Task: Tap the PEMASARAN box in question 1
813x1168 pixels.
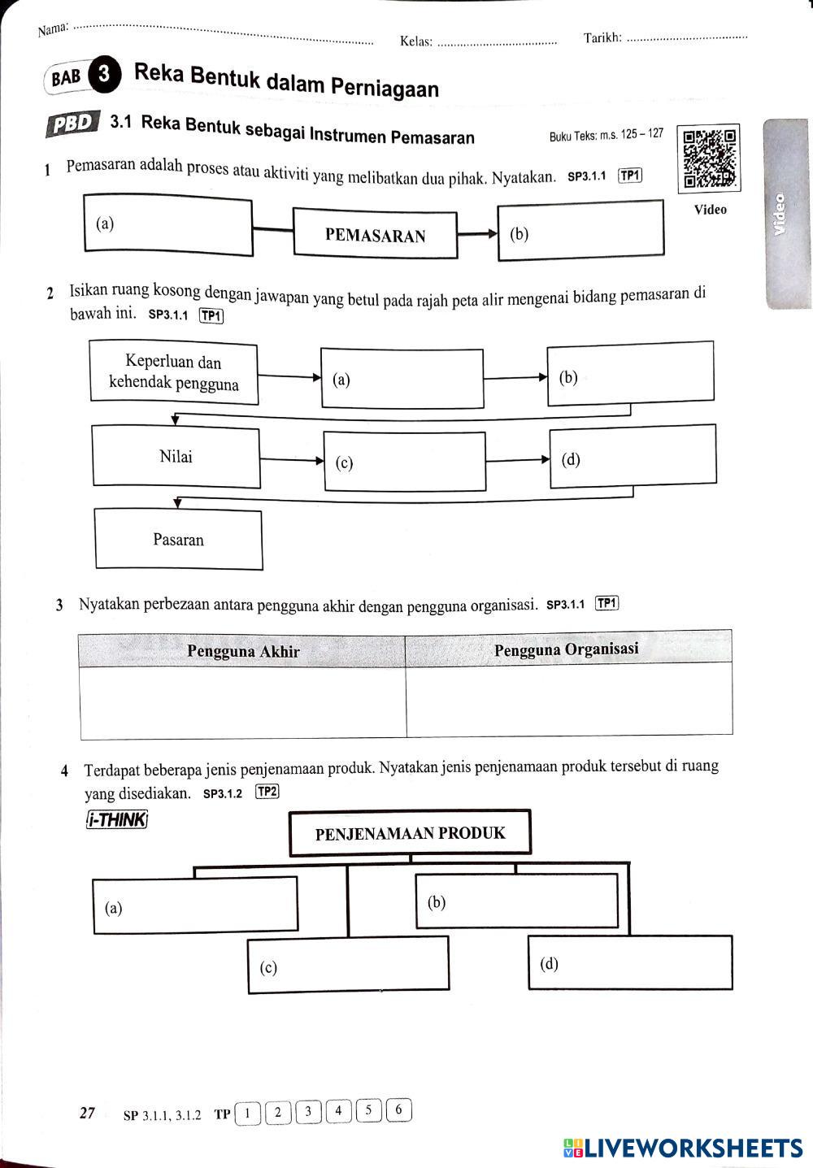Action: tap(375, 236)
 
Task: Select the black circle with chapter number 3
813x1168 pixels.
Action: tap(104, 74)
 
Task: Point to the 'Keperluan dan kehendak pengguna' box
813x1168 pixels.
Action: tap(174, 373)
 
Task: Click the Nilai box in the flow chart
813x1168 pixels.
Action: tap(176, 457)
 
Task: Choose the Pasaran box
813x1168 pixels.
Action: tap(179, 540)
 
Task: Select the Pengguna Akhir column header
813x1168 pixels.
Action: tap(243, 651)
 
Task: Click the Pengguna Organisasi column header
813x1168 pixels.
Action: tap(567, 649)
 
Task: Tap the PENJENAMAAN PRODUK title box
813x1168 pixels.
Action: tap(410, 833)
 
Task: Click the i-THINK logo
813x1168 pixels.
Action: tap(116, 819)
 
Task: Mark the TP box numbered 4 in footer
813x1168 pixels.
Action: tap(338, 1110)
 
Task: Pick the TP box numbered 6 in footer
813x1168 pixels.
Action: tap(398, 1109)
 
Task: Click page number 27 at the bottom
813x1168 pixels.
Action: tap(88, 1114)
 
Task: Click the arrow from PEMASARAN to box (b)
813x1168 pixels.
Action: tap(477, 235)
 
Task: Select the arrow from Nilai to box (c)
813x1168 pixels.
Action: tap(292, 460)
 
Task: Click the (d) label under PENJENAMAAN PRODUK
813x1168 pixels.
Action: tap(550, 964)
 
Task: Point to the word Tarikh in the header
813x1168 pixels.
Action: tap(602, 37)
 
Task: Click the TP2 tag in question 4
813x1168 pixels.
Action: tap(267, 792)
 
